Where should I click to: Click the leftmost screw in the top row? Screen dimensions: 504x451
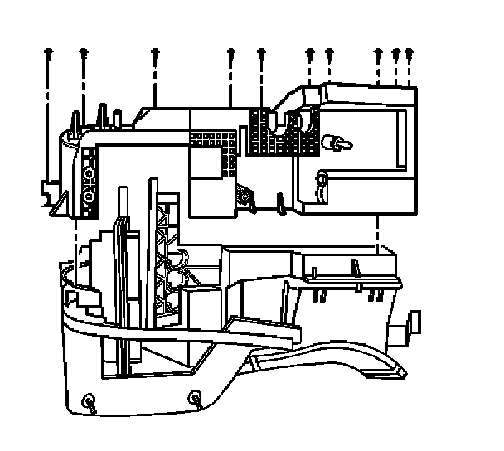pos(48,54)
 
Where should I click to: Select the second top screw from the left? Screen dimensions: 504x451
pos(84,54)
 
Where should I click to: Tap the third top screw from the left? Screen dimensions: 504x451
pos(155,54)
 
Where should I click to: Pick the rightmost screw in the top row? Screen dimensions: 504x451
pos(409,54)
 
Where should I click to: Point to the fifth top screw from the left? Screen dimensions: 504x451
pos(261,54)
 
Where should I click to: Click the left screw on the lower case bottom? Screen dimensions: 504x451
pos(88,403)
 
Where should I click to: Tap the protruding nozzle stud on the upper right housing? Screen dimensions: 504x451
pos(337,141)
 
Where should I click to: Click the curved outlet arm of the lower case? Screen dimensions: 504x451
pos(332,361)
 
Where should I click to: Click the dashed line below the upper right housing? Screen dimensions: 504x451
pos(379,233)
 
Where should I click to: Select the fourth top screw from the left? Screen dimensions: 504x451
pos(231,54)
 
